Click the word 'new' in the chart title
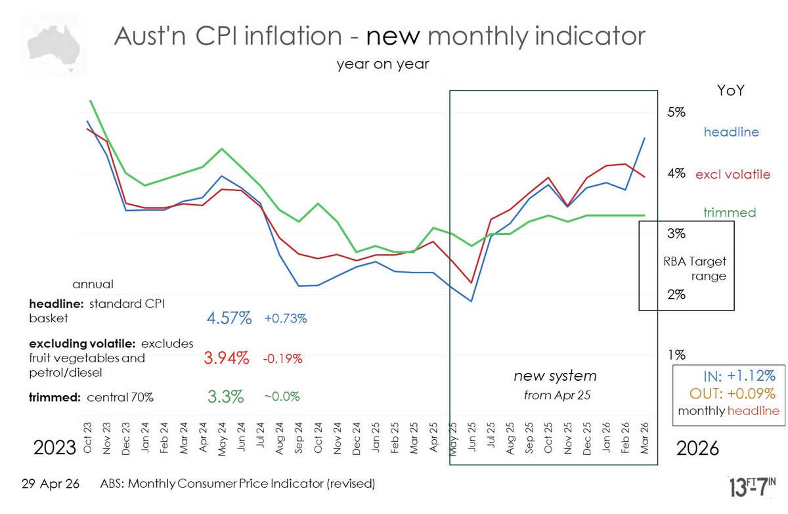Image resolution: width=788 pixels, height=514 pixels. pos(393,36)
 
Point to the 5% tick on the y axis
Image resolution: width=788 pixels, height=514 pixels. pos(676,112)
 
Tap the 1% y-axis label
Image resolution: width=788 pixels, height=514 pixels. pos(677,355)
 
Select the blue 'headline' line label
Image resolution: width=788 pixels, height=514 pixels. pos(731,132)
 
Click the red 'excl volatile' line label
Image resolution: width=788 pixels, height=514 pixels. pos(733,175)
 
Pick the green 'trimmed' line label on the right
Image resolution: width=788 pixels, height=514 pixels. pos(730,213)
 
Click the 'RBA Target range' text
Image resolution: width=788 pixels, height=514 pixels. pos(695,268)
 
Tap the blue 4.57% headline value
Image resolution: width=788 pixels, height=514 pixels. pos(229,318)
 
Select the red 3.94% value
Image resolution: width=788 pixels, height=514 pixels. pos(227,358)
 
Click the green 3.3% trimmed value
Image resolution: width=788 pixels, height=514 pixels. pos(225,396)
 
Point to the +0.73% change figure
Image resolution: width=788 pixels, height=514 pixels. pos(286,318)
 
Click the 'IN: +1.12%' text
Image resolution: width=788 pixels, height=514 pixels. pos(739,376)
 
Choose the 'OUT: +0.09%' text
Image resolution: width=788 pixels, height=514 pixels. pos(732,394)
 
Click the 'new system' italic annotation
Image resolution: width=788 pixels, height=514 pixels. pos(555,376)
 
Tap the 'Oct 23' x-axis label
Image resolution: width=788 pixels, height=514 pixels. pos(87,438)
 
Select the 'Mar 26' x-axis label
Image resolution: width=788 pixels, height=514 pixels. pos(644,438)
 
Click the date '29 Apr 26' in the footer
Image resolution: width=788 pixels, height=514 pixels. pos(51,484)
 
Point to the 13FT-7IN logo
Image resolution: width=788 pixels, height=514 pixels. pos(752,487)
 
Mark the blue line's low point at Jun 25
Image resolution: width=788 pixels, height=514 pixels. pos(471,301)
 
